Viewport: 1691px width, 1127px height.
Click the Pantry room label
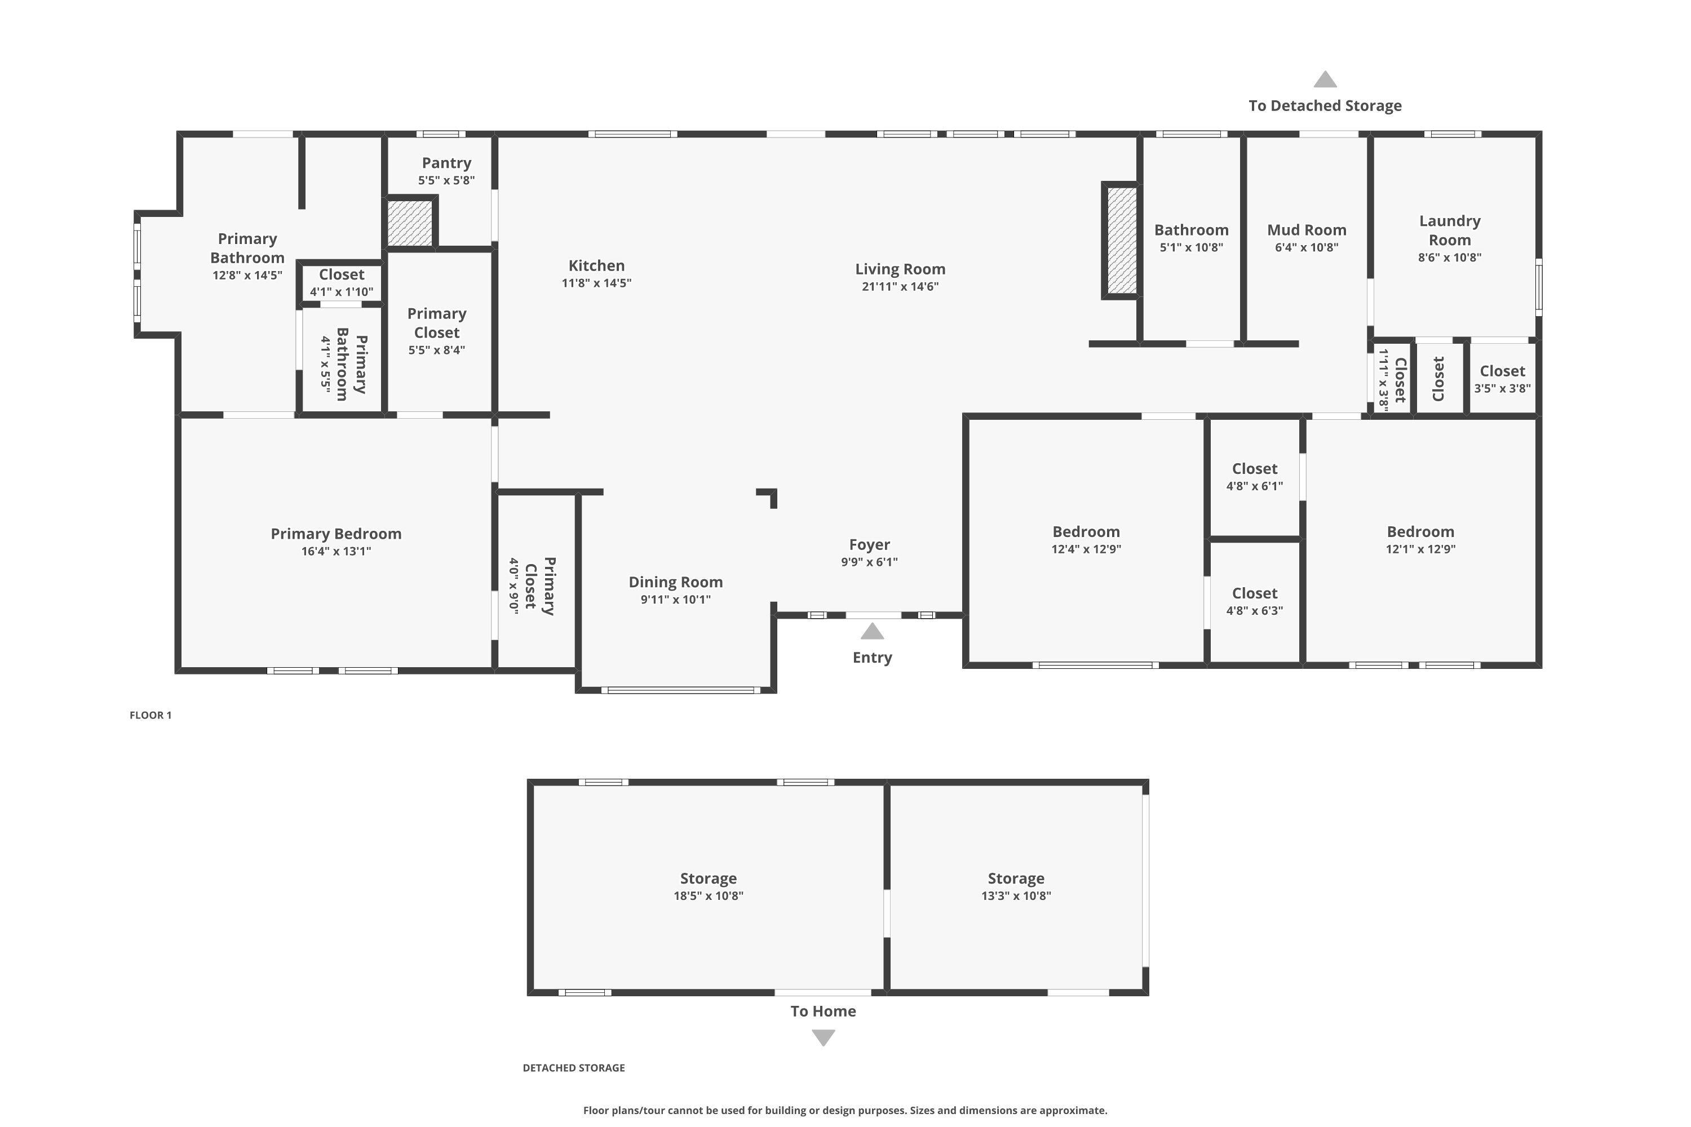point(446,163)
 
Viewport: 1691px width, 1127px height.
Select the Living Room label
point(900,269)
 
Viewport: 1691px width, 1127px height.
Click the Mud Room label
point(1307,230)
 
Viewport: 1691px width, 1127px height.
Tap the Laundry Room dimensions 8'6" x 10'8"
point(1449,258)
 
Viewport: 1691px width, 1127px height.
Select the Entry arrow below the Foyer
point(872,632)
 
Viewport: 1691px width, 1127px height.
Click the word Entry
point(872,658)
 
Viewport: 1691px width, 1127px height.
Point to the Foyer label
point(869,545)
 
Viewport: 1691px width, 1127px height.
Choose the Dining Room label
point(675,582)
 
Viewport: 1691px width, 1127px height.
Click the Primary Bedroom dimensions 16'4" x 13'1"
point(336,551)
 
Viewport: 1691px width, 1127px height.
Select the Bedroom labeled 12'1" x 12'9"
point(1420,539)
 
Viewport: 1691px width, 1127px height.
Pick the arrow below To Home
point(823,1037)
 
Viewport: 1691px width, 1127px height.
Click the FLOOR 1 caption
point(150,715)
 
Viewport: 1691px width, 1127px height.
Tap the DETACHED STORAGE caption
point(573,1068)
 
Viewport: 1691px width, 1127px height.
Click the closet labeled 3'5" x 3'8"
point(1502,379)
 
